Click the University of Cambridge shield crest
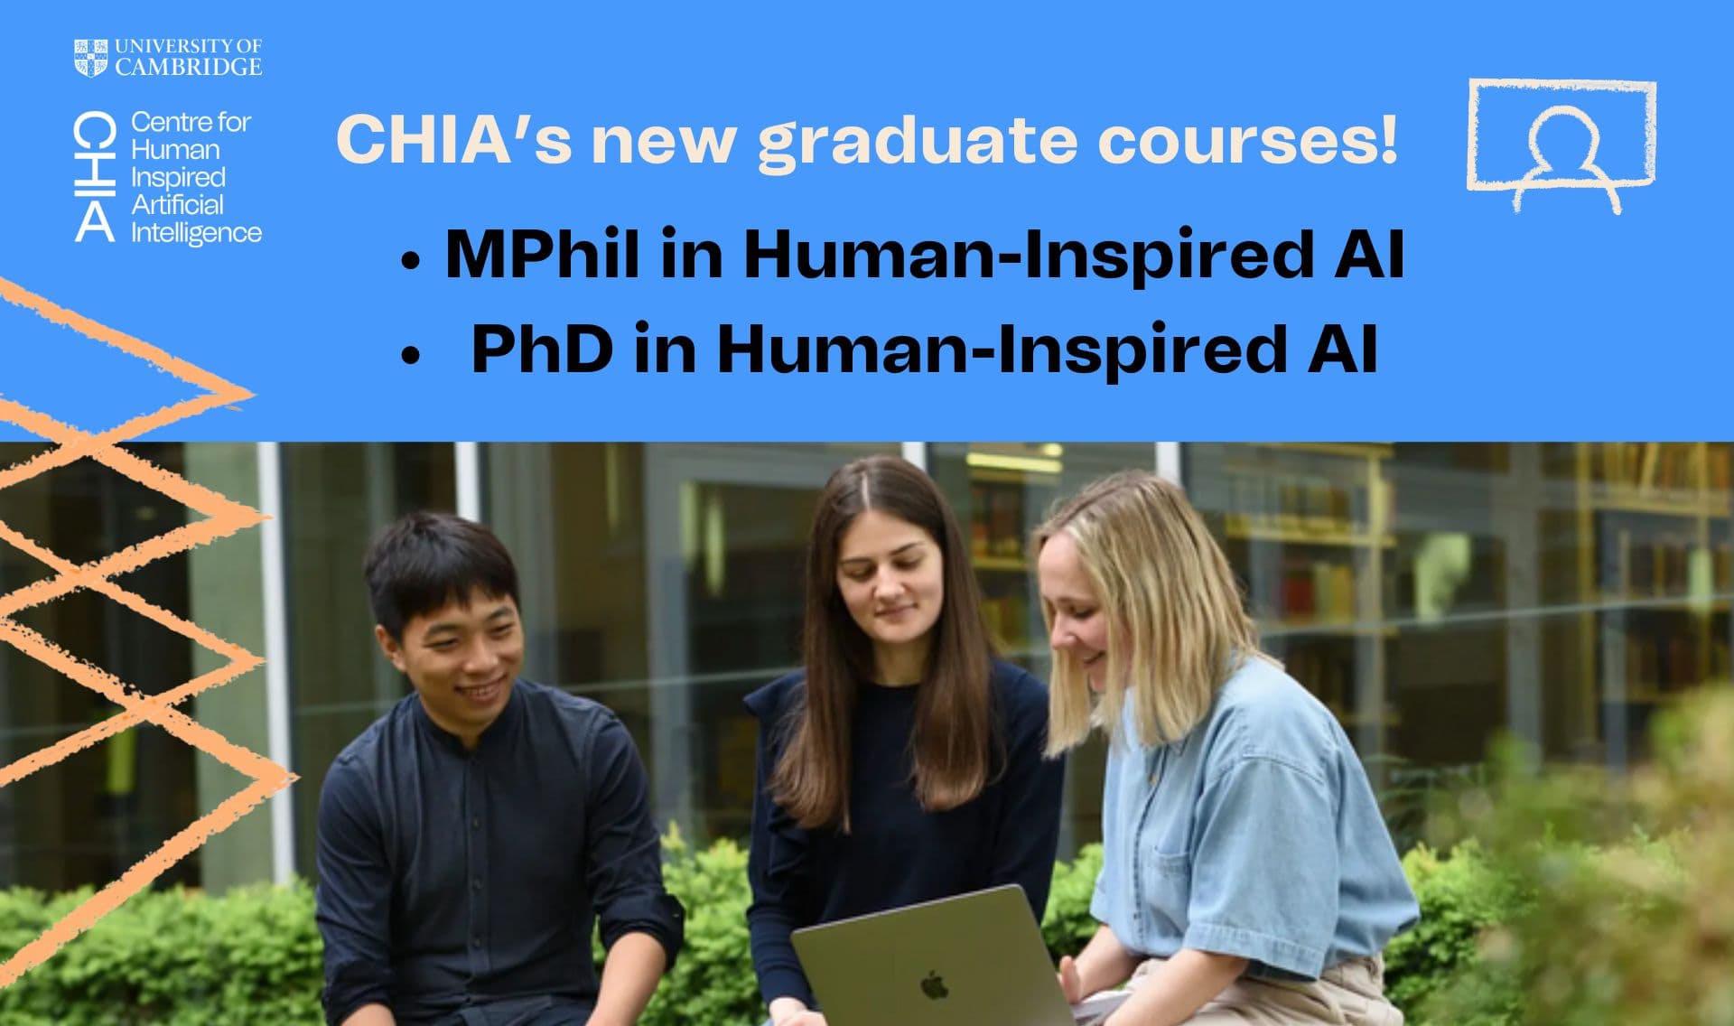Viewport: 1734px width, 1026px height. tap(90, 58)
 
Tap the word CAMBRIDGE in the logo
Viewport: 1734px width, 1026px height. tap(189, 67)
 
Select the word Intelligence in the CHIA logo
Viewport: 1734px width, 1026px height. tap(196, 233)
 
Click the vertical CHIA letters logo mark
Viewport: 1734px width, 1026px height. tap(95, 177)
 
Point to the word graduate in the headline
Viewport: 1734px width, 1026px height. tap(918, 141)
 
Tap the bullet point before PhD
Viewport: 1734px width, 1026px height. tap(411, 357)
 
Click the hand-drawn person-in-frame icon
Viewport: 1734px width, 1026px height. tap(1562, 145)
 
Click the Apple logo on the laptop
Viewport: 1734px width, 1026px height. tap(934, 984)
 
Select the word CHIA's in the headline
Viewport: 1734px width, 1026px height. tap(454, 140)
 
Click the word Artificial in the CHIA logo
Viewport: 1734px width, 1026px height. tap(177, 204)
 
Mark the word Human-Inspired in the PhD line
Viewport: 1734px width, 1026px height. tap(1002, 349)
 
